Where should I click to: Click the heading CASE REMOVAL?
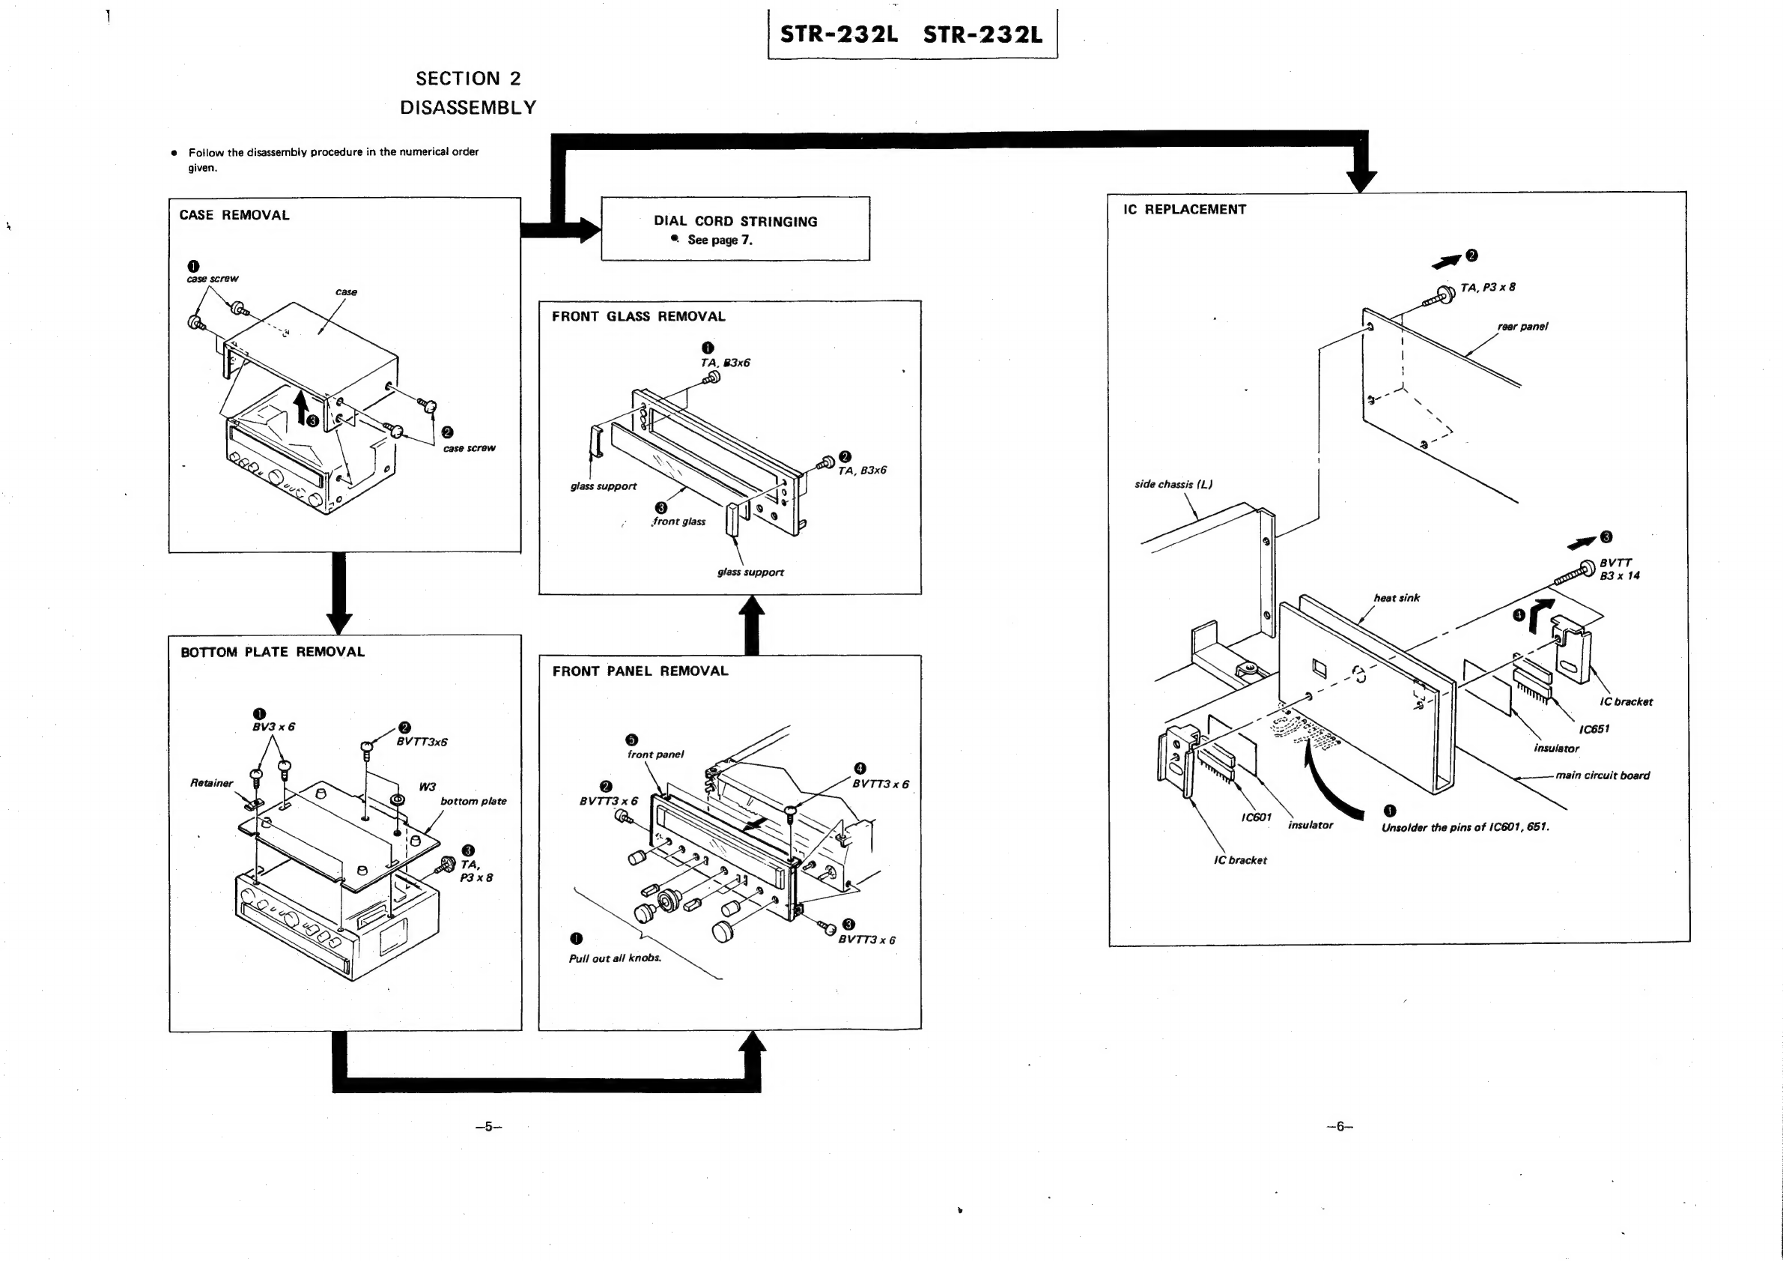pos(234,215)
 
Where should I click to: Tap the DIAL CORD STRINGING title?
pos(735,222)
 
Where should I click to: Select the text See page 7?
pos(719,240)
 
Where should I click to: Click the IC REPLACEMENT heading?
pos(1184,210)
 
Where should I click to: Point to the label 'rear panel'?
pos(1522,327)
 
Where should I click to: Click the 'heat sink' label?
pos(1397,598)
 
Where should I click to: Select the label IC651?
pos(1594,730)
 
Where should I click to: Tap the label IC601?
pos(1256,817)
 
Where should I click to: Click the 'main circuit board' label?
pos(1602,775)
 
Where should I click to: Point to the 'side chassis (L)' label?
pos(1173,485)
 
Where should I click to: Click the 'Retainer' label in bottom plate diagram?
pos(211,783)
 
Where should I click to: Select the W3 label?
pos(427,787)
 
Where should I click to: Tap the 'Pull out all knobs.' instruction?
pos(615,959)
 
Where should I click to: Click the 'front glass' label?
pos(679,521)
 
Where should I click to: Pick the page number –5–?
pos(488,1127)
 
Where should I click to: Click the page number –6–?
pos(1340,1127)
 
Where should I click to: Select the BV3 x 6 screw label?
pos(273,728)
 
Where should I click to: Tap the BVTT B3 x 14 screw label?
pos(1619,569)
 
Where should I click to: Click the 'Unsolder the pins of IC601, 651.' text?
pos(1465,827)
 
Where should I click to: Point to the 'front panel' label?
pos(655,755)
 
